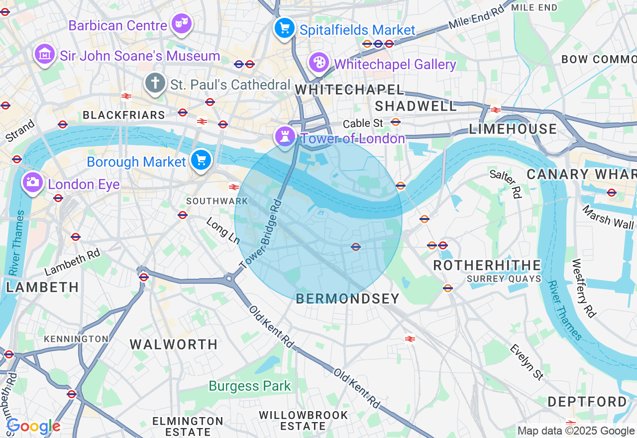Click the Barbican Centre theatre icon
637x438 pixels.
[182, 23]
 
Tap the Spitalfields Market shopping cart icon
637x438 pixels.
[284, 28]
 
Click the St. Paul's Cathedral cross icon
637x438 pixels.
[155, 83]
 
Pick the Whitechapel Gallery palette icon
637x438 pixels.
[318, 63]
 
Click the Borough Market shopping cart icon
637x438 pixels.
[201, 160]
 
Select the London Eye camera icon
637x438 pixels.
[32, 183]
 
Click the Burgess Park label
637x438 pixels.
[249, 386]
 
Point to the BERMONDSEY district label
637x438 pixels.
[347, 299]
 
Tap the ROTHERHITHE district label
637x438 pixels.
[487, 265]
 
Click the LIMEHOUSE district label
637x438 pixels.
[513, 129]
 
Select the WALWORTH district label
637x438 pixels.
[174, 344]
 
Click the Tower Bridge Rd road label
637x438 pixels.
[260, 234]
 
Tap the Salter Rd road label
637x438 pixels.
[505, 184]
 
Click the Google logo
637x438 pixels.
[33, 426]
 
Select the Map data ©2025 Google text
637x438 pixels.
[576, 431]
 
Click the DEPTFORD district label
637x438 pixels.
[587, 402]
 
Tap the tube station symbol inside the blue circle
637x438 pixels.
[356, 246]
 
